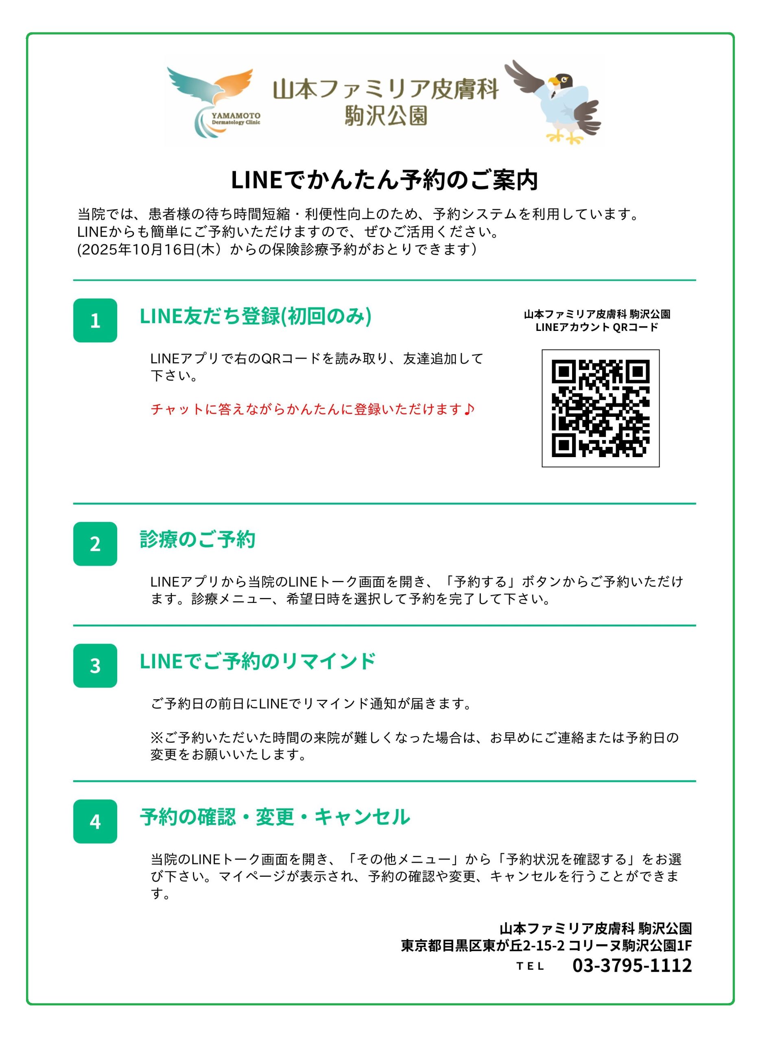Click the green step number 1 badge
pos(95,320)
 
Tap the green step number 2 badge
pos(95,544)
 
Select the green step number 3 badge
pos(95,666)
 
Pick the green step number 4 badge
pos(95,821)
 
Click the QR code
pos(601,408)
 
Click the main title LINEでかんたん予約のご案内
pos(384,180)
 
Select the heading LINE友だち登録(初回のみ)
pos(256,316)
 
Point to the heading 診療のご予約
pos(197,539)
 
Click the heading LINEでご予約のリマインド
pos(258,661)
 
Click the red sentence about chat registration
pos(312,409)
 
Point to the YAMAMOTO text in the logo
pos(236,116)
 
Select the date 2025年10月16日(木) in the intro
pos(151,250)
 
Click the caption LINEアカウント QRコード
pos(597,327)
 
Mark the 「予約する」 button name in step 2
pos(481,582)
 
